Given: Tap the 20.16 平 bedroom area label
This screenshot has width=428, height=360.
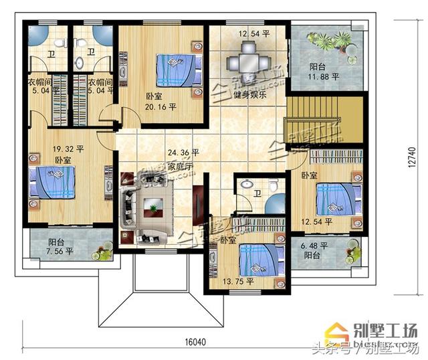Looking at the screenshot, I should click(161, 106).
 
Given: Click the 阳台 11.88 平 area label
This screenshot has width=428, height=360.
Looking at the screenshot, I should click(323, 76).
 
